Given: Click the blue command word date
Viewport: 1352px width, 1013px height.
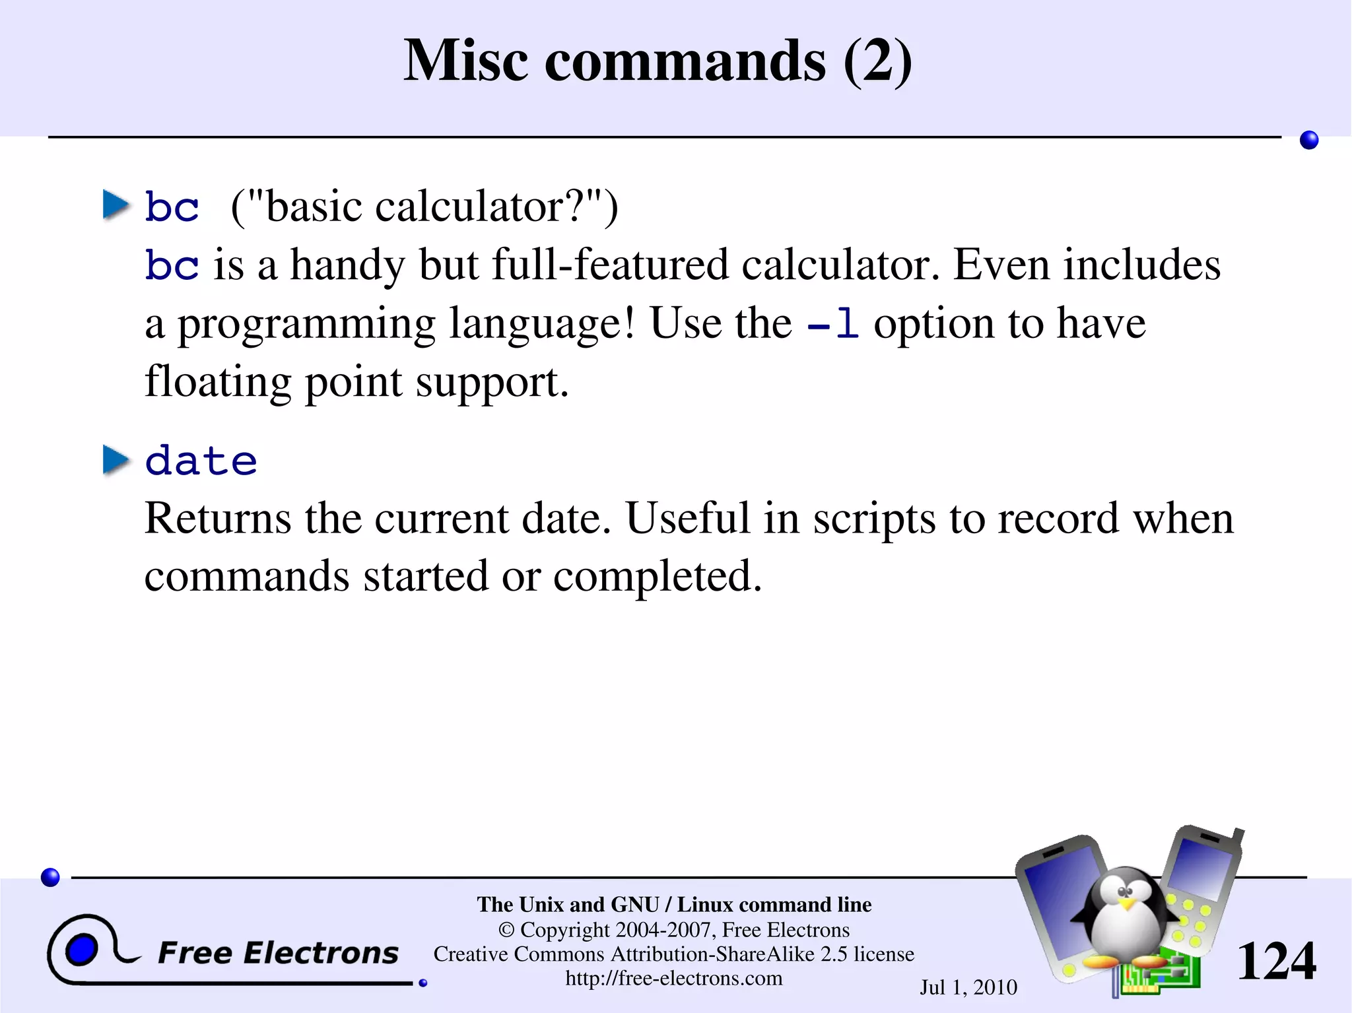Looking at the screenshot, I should point(201,460).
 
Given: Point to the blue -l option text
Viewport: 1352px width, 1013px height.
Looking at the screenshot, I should point(833,324).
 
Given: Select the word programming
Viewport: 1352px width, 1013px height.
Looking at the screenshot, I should point(306,324).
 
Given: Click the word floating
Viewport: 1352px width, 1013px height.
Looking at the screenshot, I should point(217,382).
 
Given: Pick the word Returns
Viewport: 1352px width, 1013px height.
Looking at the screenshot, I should point(217,518).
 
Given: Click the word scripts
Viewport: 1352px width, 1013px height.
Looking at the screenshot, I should point(874,519).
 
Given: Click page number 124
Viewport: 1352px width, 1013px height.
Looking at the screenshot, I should point(1275,962).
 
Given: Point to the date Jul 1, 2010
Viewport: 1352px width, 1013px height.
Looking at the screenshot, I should point(968,987).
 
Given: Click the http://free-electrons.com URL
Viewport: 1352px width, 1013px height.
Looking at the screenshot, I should point(673,978).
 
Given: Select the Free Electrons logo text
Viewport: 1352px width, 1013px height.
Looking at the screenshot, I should point(278,953).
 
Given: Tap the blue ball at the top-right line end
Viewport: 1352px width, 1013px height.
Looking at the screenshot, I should point(1308,140).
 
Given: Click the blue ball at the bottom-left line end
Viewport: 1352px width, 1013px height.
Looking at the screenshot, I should point(50,877).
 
